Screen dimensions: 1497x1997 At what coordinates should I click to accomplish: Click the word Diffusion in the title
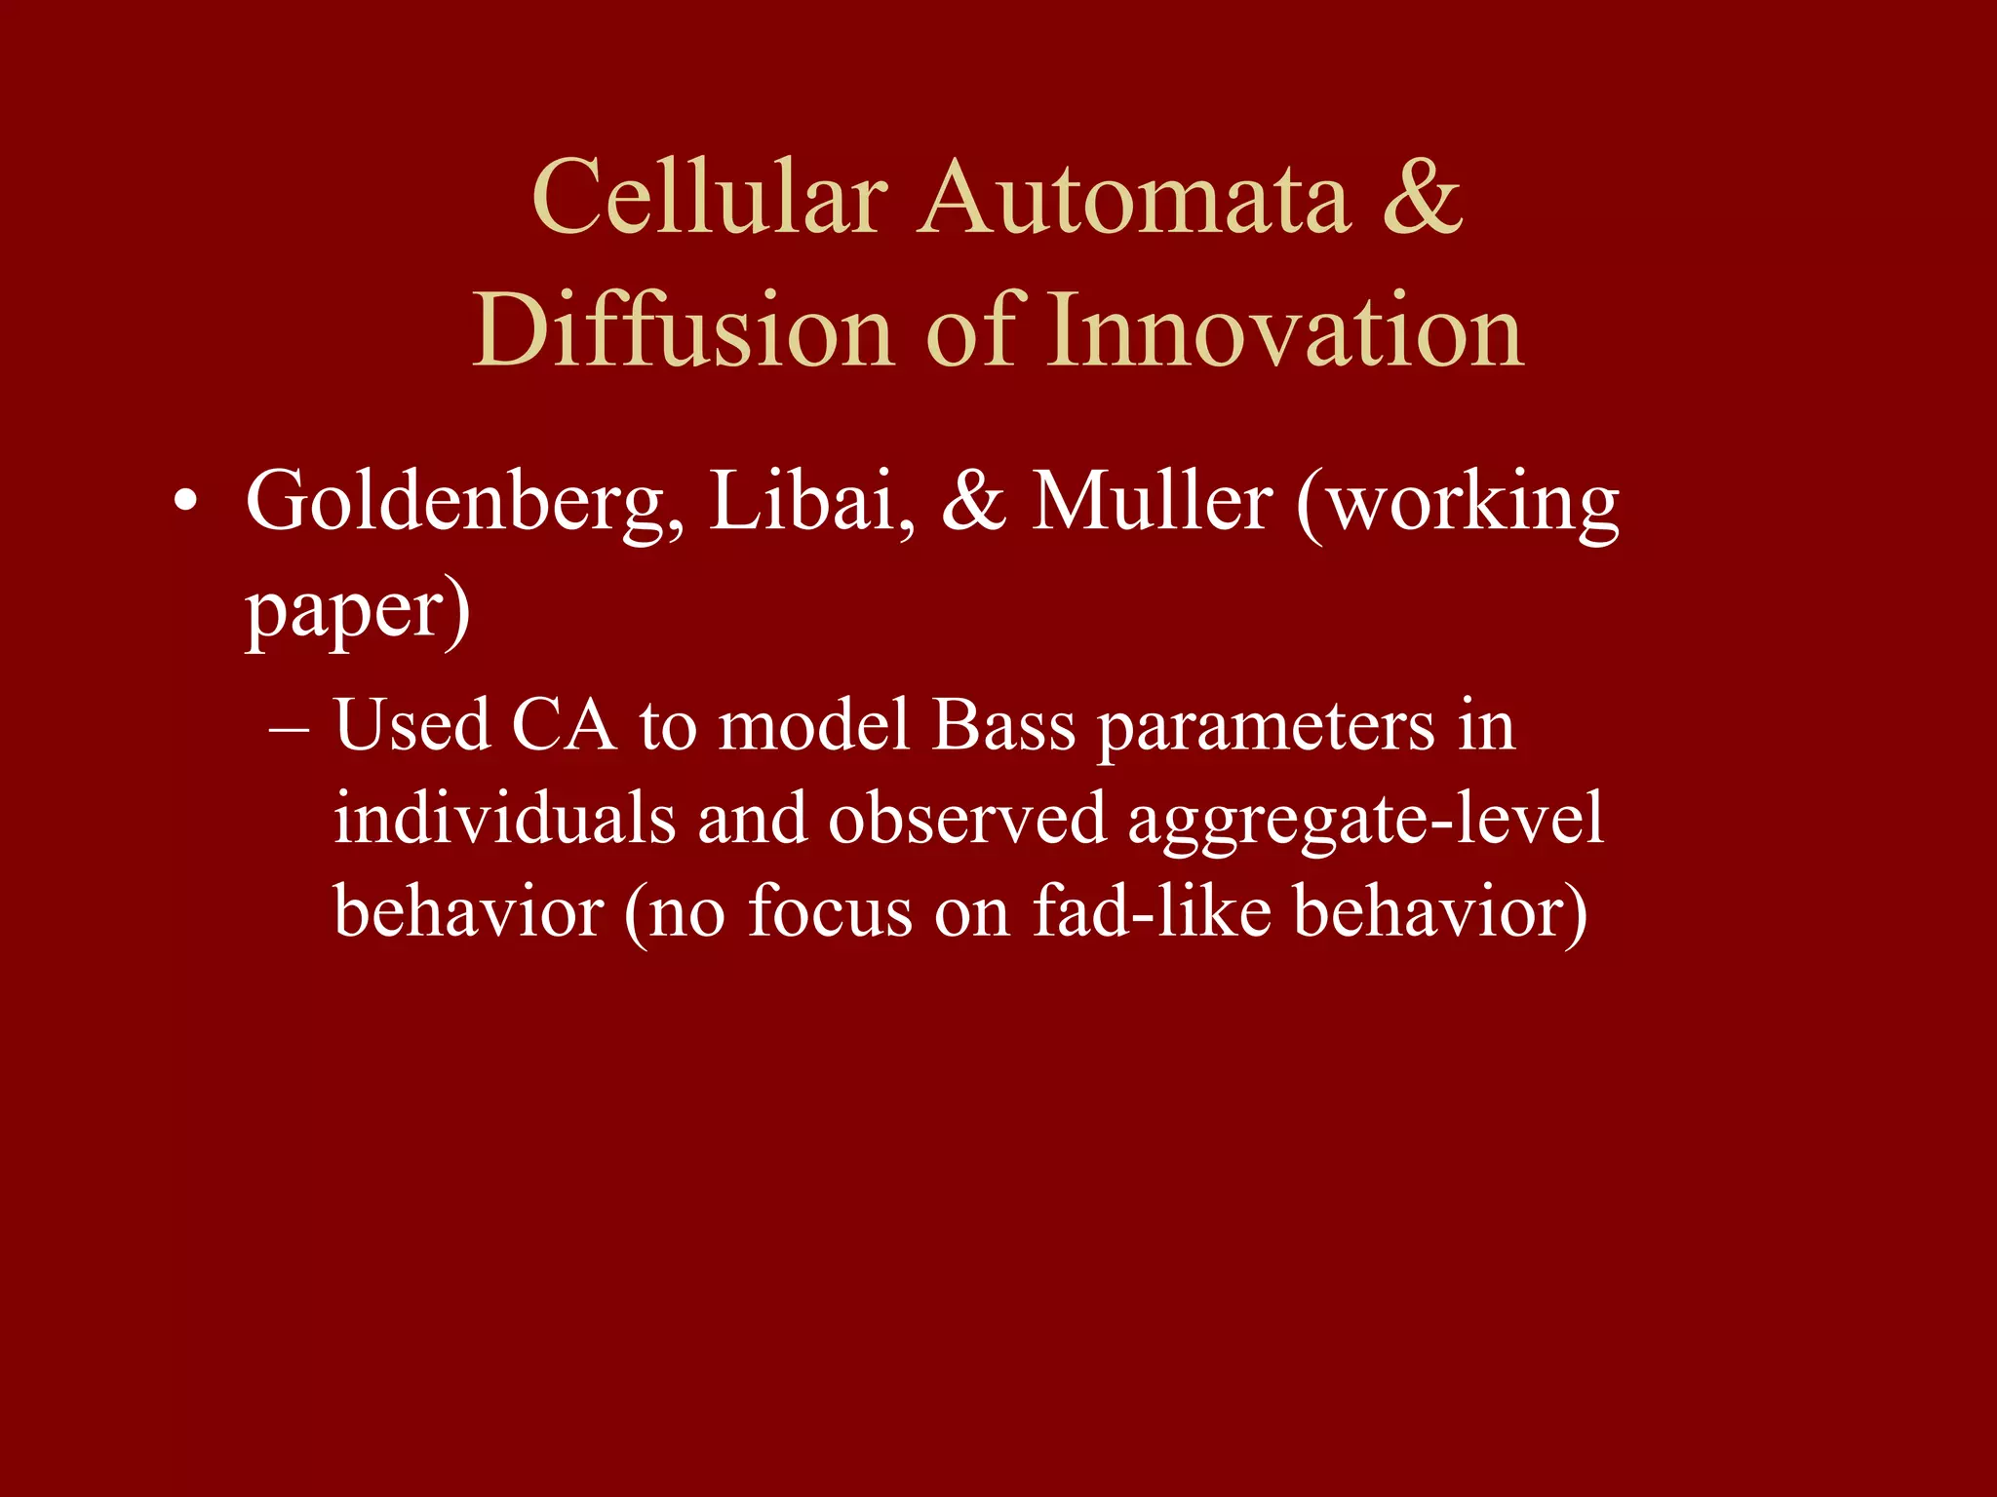click(x=683, y=331)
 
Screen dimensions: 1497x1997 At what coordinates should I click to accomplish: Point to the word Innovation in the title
click(x=1285, y=331)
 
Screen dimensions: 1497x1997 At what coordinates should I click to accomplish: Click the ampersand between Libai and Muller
click(x=973, y=502)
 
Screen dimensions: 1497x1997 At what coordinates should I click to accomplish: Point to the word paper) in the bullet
click(x=358, y=611)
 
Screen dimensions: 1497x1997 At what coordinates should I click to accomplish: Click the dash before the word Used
click(x=290, y=728)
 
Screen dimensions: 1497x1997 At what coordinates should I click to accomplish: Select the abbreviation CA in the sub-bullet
click(x=564, y=726)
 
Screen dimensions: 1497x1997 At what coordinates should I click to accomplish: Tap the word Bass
click(x=1003, y=726)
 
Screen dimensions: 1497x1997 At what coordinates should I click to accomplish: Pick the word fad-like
click(x=1152, y=911)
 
